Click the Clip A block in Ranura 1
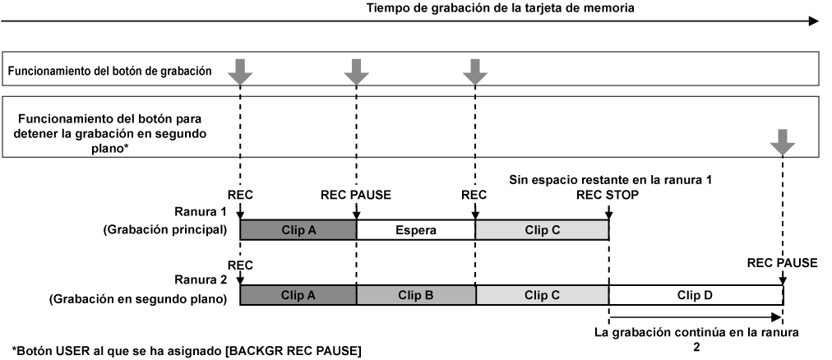(x=298, y=230)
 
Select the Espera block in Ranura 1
(x=415, y=230)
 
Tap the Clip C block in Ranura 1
(x=542, y=230)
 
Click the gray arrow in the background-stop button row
(x=783, y=145)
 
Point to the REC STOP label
(x=607, y=196)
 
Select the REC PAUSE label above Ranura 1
(x=355, y=196)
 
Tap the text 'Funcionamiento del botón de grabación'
(x=110, y=72)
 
